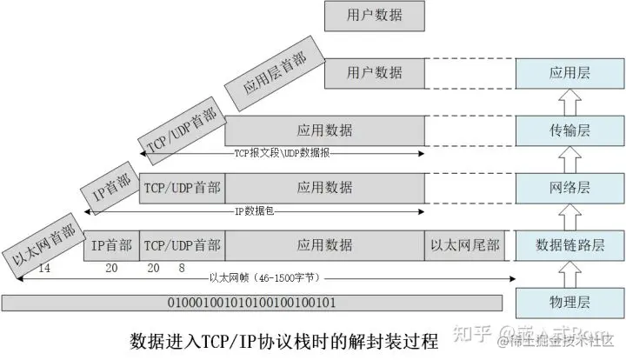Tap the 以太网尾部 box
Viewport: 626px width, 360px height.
[x=465, y=245]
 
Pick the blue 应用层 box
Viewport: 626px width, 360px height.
[x=570, y=73]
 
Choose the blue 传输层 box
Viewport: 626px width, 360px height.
[x=570, y=130]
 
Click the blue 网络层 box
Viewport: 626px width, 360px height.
[x=570, y=187]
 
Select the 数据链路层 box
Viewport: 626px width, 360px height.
[x=570, y=244]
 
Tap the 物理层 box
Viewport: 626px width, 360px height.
[x=570, y=302]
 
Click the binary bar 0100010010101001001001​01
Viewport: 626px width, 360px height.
[x=253, y=303]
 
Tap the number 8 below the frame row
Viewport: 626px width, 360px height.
[x=181, y=269]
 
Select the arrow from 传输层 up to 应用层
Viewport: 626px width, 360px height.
[x=570, y=102]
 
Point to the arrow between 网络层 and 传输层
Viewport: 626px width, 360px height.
[x=570, y=158]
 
